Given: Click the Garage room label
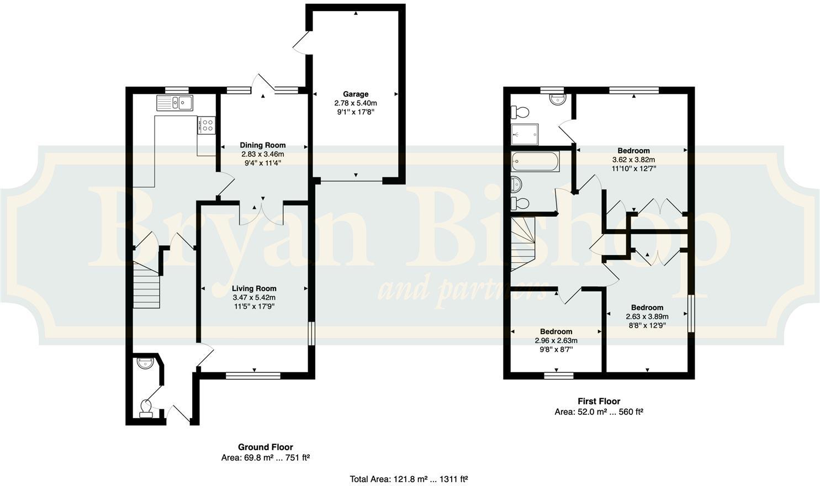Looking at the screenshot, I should click(355, 94).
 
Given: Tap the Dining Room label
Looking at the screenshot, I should click(262, 145).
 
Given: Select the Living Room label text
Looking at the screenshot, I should click(254, 288).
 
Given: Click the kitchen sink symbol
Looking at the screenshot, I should click(174, 103).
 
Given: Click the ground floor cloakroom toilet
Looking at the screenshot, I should click(146, 408).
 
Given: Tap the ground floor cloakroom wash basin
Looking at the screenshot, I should click(146, 364).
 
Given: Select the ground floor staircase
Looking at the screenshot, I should click(147, 285).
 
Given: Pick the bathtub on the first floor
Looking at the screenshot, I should click(535, 162).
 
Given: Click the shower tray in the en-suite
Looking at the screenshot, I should click(524, 134).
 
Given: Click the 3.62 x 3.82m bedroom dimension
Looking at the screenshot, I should click(633, 160).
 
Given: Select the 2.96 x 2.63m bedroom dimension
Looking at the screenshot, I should click(556, 341).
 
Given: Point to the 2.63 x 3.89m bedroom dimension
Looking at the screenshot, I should click(647, 316).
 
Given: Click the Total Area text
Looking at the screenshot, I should click(409, 479).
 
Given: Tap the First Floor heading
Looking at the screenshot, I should click(599, 402).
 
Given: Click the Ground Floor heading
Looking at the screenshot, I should click(265, 447).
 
